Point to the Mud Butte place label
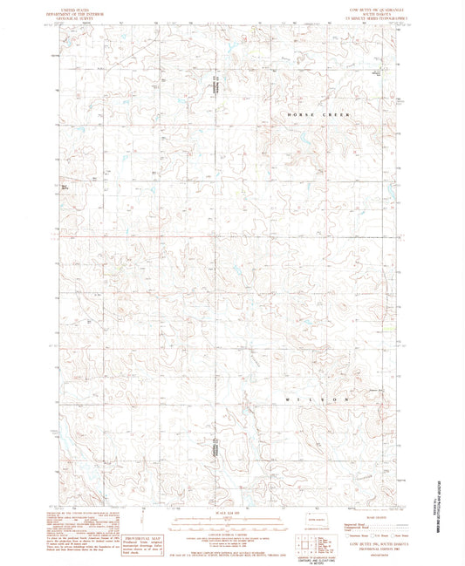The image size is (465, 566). pyautogui.click(x=65, y=184)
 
